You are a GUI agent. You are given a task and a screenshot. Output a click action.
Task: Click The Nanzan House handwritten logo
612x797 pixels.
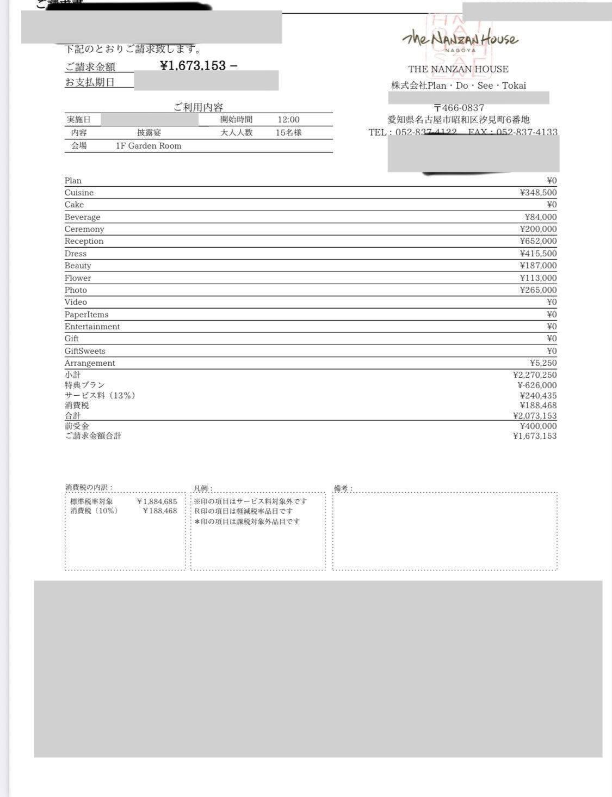tap(460, 39)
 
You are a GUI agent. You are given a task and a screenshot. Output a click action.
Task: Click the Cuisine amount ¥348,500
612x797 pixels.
tap(538, 193)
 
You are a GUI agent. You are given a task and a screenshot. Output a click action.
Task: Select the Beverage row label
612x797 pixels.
tap(82, 217)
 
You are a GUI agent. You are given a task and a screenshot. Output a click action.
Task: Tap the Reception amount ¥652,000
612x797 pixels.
tap(538, 241)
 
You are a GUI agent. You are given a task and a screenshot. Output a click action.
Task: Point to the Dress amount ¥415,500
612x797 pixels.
tap(538, 254)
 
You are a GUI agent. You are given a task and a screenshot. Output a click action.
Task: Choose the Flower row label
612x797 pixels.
tap(78, 278)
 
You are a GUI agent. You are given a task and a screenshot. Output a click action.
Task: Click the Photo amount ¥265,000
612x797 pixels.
tap(538, 290)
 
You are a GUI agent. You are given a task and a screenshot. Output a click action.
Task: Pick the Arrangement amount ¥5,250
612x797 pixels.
tap(543, 363)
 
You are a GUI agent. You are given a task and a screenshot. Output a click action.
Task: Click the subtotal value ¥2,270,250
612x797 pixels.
tap(535, 375)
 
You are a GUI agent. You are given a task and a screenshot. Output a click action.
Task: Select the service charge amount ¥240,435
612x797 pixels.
tap(538, 395)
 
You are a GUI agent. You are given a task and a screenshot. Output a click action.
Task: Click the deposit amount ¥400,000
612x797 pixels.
tap(538, 426)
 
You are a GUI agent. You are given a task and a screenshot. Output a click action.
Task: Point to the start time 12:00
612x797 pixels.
tap(288, 120)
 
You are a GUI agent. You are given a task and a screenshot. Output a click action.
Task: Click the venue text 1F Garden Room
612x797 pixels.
tap(149, 146)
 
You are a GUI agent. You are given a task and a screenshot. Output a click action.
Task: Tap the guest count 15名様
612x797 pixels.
tap(288, 132)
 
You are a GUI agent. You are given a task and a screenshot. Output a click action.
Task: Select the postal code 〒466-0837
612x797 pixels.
tap(459, 108)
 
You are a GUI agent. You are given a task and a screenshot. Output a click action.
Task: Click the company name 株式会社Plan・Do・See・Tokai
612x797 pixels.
tap(459, 85)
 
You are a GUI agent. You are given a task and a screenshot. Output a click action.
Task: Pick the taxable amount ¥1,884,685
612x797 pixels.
tap(157, 501)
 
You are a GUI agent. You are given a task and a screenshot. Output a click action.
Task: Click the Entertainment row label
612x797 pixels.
tap(92, 327)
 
